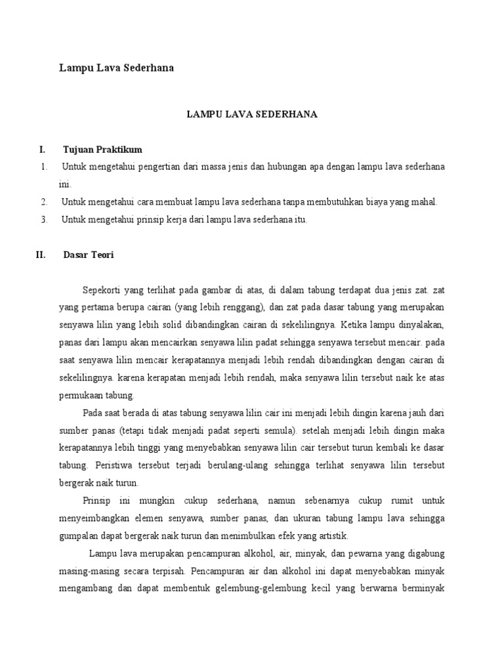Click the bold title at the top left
coord(117,68)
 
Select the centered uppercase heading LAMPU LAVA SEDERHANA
coord(253,114)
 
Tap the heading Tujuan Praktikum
coord(102,150)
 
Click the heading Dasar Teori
coord(88,255)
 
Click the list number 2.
coord(43,202)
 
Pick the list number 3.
coord(43,220)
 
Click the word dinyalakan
coord(423,324)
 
